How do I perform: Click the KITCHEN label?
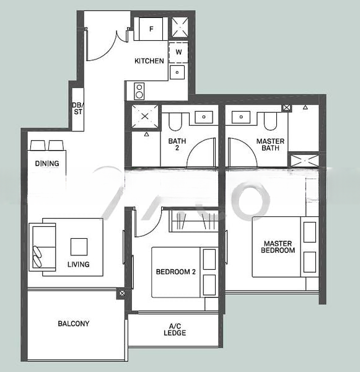pos(149,61)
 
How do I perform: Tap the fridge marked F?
pos(151,29)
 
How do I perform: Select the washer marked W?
pos(178,53)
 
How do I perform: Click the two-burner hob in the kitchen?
pos(139,91)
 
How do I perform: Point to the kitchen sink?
pos(177,73)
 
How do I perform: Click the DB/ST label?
pos(77,108)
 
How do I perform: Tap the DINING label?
pos(47,164)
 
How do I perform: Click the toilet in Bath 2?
pos(175,122)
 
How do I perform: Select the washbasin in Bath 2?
pos(204,117)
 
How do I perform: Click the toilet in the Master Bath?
pos(271,122)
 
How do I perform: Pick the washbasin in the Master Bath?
pos(241,117)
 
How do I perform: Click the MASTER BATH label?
pos(270,144)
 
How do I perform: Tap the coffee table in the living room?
pos(79,247)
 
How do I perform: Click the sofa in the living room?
pos(43,247)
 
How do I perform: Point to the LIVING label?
pos(79,264)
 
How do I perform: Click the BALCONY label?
pos(74,324)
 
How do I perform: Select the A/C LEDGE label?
pos(175,330)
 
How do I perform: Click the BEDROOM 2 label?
pos(176,272)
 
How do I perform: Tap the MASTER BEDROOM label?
pos(278,247)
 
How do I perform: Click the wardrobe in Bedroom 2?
pos(194,221)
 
